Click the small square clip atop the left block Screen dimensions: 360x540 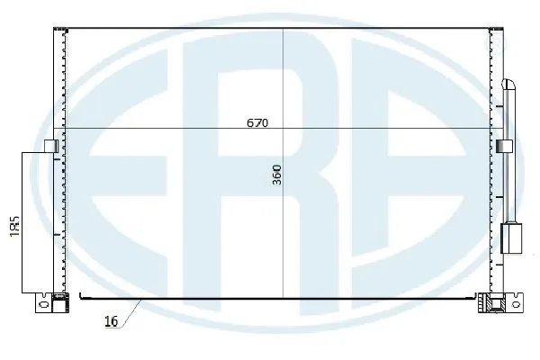click(49, 145)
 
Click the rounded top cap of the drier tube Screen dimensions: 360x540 click(509, 85)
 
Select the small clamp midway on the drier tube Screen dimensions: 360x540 click(504, 145)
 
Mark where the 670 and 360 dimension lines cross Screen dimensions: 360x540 click(283, 128)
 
